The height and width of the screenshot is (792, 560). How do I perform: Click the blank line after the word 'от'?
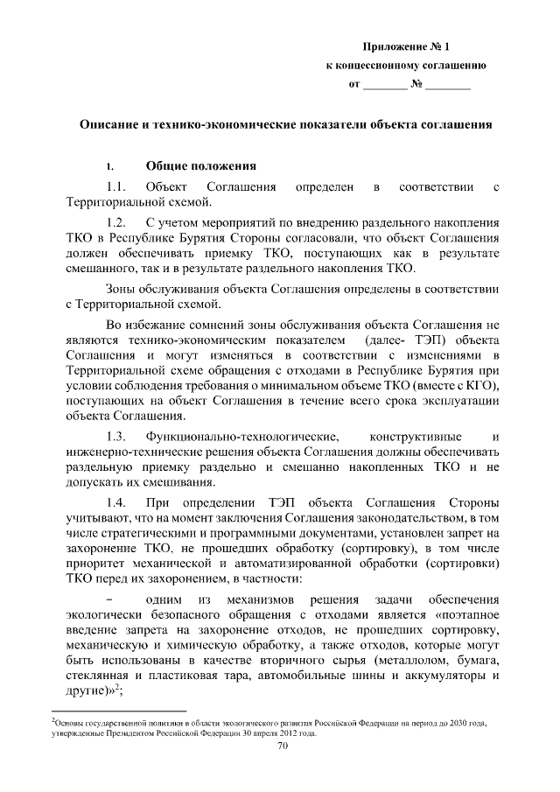point(386,86)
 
